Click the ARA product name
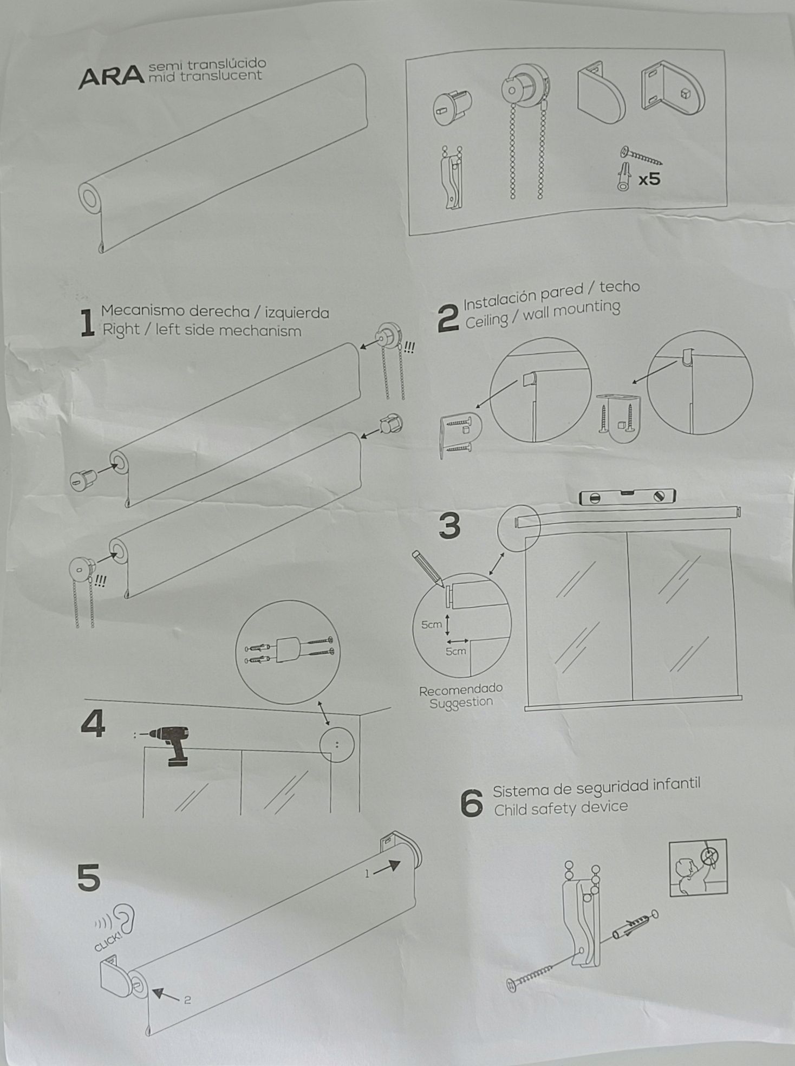[x=111, y=77]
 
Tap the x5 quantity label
[x=649, y=178]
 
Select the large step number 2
[x=448, y=318]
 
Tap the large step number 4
[x=93, y=724]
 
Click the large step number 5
[x=89, y=878]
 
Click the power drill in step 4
[x=172, y=744]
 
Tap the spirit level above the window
[x=627, y=497]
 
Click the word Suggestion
[x=461, y=703]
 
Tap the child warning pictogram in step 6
[x=698, y=868]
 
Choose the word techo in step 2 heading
[x=620, y=287]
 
